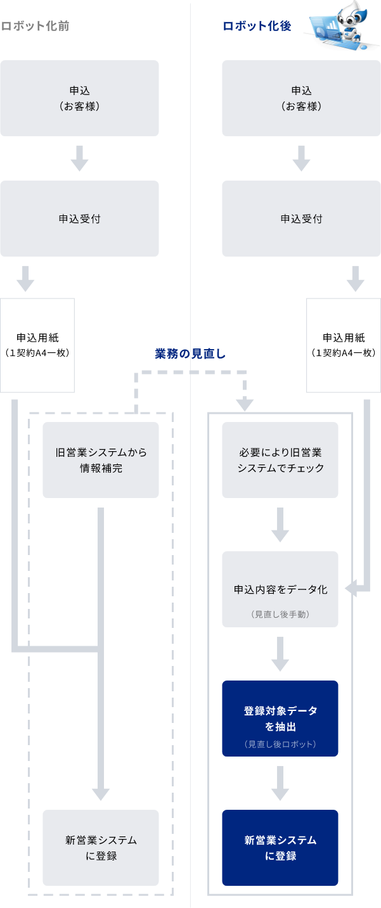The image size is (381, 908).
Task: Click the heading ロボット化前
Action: coord(35,26)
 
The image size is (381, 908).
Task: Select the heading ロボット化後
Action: coord(257,26)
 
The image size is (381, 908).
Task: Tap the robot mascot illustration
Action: coord(342,26)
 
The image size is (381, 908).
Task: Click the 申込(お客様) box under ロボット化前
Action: coord(79,98)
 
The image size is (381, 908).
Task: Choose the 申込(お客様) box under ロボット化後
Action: coord(301,98)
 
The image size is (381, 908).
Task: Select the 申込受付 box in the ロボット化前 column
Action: coord(79,219)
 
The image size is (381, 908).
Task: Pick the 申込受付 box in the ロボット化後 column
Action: coord(301,219)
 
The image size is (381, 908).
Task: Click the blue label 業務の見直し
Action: coord(190,354)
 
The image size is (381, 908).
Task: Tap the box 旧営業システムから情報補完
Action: coord(101,460)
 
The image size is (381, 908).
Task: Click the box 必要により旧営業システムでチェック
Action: coord(280,460)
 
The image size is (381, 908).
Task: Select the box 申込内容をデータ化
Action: coord(280,589)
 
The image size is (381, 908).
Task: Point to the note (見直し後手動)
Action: coord(280,615)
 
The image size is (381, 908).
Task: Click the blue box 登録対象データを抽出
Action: coord(280,718)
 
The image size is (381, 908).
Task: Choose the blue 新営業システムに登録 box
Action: coord(280,848)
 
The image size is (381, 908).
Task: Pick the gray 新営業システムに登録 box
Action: coord(101,848)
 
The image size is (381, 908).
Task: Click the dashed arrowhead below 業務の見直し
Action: coord(244,404)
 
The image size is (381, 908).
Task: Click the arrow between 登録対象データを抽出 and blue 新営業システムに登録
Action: coord(280,784)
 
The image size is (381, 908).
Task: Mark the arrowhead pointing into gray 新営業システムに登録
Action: coord(101,794)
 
